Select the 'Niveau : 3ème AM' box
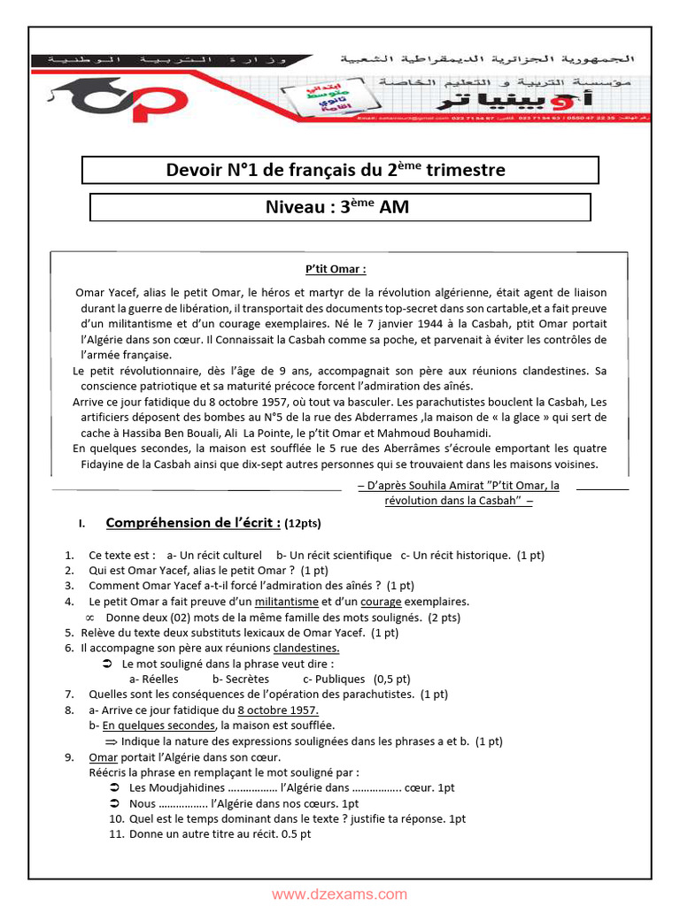coord(340,207)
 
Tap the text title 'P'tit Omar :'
coord(336,270)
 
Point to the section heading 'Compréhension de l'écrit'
coord(193,523)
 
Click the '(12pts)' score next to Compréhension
coord(303,524)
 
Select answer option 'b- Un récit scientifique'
coord(334,555)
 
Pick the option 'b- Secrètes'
coord(241,679)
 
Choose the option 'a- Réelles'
coord(154,679)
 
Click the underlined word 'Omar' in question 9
coord(103,756)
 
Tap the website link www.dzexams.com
coord(340,894)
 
